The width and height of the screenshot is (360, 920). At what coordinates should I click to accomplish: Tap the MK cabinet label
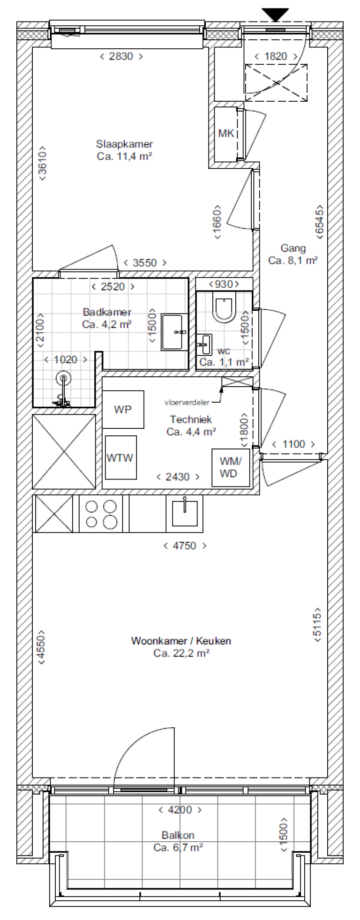[x=226, y=134]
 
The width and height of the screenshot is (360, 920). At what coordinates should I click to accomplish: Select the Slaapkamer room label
[x=124, y=144]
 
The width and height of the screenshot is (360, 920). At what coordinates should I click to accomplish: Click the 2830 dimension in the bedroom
[x=121, y=57]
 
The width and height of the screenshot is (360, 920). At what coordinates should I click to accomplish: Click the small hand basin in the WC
[x=204, y=344]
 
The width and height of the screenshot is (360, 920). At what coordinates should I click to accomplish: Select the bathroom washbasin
[x=172, y=332]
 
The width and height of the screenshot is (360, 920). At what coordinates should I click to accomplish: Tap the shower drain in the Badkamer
[x=64, y=377]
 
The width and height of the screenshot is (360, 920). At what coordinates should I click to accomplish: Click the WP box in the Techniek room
[x=123, y=410]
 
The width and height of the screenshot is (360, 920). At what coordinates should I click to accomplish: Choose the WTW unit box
[x=120, y=458]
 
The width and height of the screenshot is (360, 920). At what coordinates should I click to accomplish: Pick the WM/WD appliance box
[x=228, y=467]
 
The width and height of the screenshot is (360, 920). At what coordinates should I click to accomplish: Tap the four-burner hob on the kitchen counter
[x=101, y=514]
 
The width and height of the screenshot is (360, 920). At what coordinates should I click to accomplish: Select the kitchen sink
[x=185, y=513]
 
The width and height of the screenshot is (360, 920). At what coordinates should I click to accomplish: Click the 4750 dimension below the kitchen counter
[x=185, y=546]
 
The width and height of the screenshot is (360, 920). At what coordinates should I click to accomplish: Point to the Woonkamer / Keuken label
[x=181, y=641]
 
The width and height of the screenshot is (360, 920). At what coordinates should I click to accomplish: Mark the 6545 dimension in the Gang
[x=319, y=222]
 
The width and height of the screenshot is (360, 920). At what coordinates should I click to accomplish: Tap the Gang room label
[x=293, y=248]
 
